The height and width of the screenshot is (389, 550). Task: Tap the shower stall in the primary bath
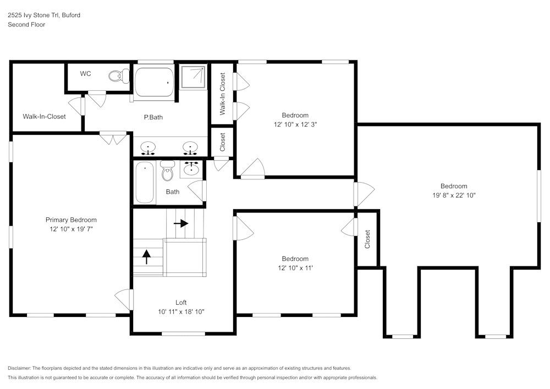click(193, 76)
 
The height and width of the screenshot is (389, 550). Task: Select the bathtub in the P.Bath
click(154, 82)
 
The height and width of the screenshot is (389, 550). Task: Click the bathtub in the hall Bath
click(145, 183)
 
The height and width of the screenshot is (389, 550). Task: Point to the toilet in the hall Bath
click(167, 172)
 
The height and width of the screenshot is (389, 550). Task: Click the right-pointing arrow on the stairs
click(182, 223)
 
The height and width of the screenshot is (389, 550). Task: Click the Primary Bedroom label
click(71, 220)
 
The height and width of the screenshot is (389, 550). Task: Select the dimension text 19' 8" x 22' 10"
click(454, 195)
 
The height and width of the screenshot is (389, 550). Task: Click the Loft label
click(181, 303)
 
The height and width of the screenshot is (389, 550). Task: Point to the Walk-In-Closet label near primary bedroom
click(44, 117)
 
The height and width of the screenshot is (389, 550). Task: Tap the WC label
click(85, 74)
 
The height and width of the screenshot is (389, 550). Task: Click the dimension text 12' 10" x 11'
click(295, 268)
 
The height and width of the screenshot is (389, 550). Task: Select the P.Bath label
click(153, 117)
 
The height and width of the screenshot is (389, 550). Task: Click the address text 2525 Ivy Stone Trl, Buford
click(43, 15)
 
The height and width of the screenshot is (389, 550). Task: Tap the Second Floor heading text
click(26, 25)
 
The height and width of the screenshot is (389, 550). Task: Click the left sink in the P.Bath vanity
click(148, 147)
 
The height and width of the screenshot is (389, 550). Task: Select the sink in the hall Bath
click(191, 168)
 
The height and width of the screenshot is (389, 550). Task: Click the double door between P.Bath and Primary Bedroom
click(113, 138)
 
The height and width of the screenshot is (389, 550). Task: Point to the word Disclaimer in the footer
click(20, 368)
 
